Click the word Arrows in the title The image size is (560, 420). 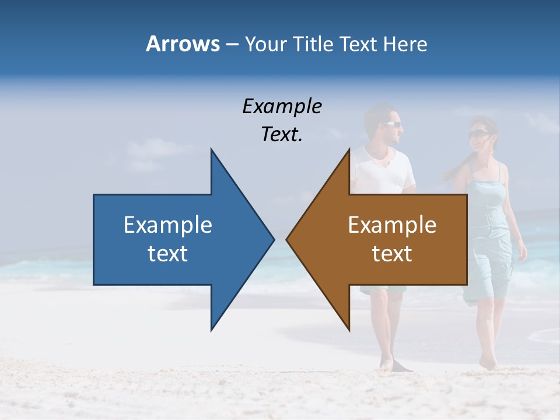(x=183, y=44)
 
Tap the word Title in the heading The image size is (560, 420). (x=313, y=44)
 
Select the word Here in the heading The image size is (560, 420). (x=405, y=44)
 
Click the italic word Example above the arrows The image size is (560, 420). (x=282, y=107)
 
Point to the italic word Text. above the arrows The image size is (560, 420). (x=282, y=135)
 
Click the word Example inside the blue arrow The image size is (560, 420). (x=168, y=225)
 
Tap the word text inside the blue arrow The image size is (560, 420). (x=168, y=254)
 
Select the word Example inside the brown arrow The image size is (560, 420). (x=392, y=225)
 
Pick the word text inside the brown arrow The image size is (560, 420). (x=392, y=254)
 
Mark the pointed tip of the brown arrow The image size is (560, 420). (x=288, y=239)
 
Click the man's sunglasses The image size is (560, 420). (x=392, y=124)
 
